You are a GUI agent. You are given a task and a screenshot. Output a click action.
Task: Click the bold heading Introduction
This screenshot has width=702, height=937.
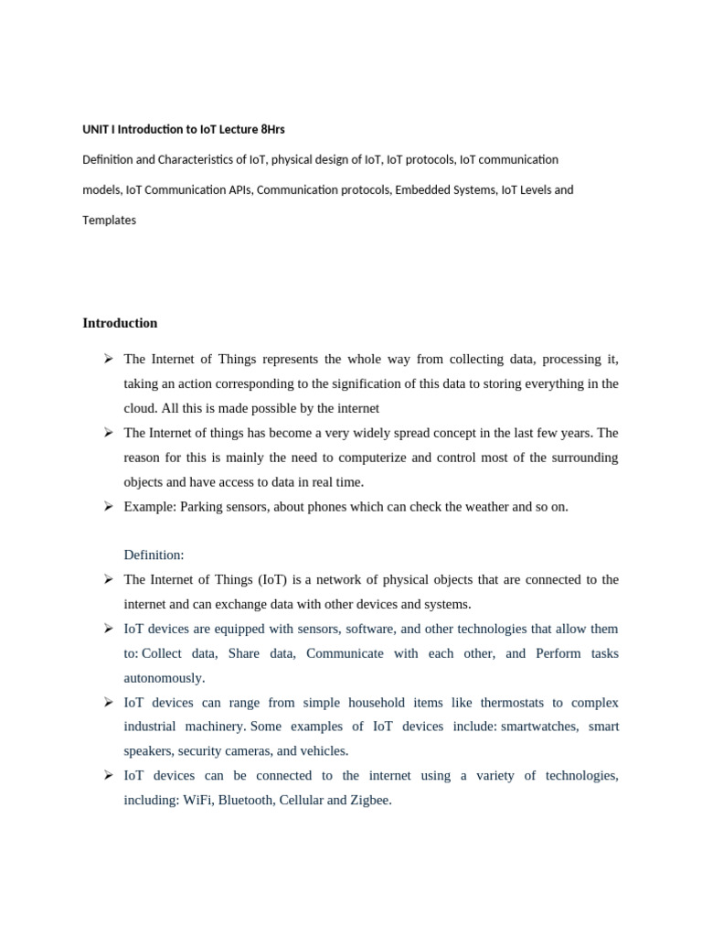click(x=120, y=323)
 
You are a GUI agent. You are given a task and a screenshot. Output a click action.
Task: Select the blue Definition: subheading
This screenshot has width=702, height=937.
click(x=154, y=555)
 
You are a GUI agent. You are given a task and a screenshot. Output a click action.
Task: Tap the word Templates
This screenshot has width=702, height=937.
click(x=109, y=220)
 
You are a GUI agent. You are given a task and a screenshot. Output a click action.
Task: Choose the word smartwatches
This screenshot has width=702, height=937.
click(x=538, y=726)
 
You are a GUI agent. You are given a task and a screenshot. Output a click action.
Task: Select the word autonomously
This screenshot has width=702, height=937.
click(x=165, y=678)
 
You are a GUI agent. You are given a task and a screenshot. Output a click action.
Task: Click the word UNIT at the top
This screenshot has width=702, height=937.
click(x=95, y=129)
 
